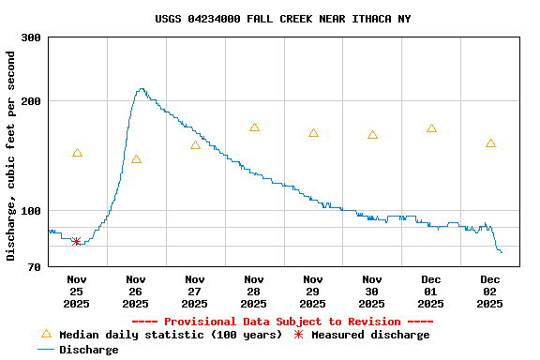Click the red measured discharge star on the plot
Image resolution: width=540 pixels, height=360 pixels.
[76, 242]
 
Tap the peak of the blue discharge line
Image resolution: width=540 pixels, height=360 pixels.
[141, 89]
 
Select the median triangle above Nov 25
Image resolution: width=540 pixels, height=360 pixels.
[77, 153]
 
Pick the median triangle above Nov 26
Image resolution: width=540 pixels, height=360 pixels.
[136, 159]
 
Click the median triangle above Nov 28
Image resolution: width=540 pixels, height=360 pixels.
[254, 127]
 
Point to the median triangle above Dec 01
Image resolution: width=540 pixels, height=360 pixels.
[431, 128]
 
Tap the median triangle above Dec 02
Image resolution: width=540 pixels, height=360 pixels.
[490, 143]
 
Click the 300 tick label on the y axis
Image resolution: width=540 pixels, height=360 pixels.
[31, 37]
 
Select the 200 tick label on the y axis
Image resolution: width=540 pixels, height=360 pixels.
[31, 101]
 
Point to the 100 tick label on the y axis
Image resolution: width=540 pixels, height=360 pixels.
[31, 211]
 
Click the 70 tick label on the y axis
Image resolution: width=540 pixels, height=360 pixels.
[34, 267]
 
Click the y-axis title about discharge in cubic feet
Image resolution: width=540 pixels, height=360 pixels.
[11, 156]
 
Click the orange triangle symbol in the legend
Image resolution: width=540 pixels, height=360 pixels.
[46, 334]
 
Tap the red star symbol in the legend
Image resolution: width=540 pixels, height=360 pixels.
[298, 335]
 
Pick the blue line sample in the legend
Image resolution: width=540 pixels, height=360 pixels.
[46, 350]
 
